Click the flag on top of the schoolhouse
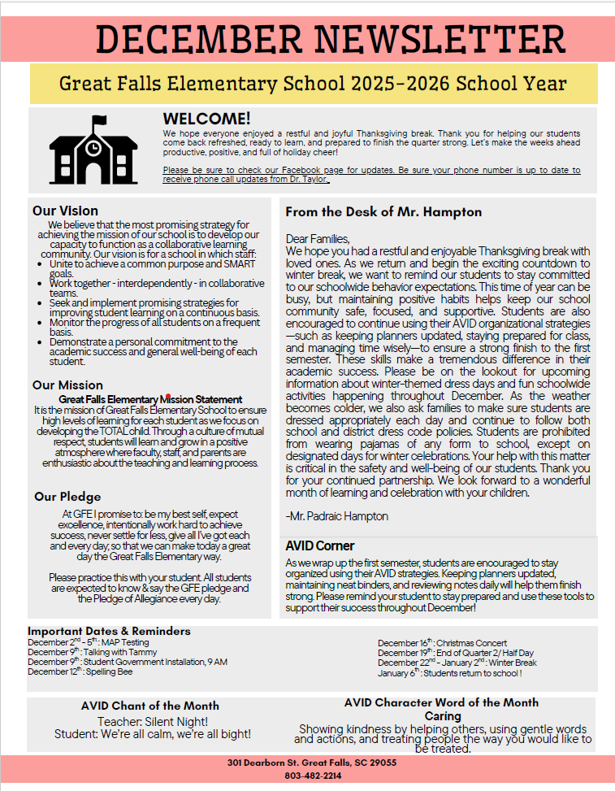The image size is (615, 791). point(99,122)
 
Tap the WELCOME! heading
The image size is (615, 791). point(206,120)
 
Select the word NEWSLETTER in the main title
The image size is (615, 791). point(440,39)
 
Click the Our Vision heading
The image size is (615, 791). point(65,211)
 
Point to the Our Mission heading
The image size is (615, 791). point(67,385)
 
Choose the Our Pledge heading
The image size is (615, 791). point(67,496)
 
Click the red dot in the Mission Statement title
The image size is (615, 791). point(167,398)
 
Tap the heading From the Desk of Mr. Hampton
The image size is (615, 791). point(383,212)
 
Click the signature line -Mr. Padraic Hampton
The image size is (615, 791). point(337,516)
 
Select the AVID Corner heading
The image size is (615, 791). point(320,545)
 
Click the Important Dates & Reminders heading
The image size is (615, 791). point(109,631)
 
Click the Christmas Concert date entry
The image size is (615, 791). point(442,643)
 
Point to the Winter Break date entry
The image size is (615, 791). point(457,663)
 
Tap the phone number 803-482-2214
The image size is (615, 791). point(313,776)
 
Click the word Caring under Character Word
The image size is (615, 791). point(443,716)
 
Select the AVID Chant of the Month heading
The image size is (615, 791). point(150,706)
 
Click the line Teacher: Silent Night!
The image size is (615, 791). point(153,721)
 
